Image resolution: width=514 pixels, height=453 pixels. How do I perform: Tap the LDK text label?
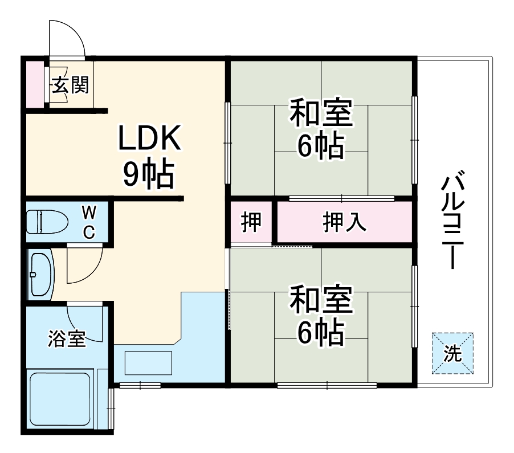click(x=149, y=138)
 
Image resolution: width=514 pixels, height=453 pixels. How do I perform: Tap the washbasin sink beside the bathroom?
click(x=40, y=274)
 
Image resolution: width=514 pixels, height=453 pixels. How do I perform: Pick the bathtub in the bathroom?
click(x=60, y=399)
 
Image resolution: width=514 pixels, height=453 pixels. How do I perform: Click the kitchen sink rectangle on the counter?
click(x=148, y=363)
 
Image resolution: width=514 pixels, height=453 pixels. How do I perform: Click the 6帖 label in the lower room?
click(x=320, y=333)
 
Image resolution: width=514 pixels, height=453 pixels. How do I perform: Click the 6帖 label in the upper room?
click(x=320, y=147)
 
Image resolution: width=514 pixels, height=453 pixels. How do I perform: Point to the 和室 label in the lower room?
click(x=321, y=300)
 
